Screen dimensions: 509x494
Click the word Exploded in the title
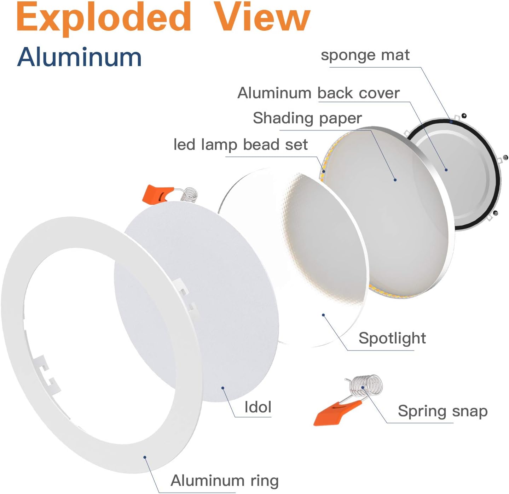tap(104, 18)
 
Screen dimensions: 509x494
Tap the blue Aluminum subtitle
tap(79, 57)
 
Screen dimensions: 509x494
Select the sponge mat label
tap(365, 55)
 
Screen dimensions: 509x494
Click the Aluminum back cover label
tap(318, 93)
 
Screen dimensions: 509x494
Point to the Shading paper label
tap(307, 118)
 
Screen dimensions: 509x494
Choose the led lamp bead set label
tap(241, 145)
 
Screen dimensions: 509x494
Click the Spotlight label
tap(392, 338)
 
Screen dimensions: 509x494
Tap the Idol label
tap(258, 407)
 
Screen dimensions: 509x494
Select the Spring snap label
tap(443, 411)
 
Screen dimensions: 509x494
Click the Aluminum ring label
tap(225, 481)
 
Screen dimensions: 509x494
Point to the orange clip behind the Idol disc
tap(157, 195)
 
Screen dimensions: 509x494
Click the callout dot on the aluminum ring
tap(145, 457)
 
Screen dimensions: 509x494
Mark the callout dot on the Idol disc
tap(223, 388)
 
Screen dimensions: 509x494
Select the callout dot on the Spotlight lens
tap(323, 315)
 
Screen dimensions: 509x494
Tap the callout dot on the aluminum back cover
tap(446, 170)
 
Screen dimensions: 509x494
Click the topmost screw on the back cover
tap(464, 116)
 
